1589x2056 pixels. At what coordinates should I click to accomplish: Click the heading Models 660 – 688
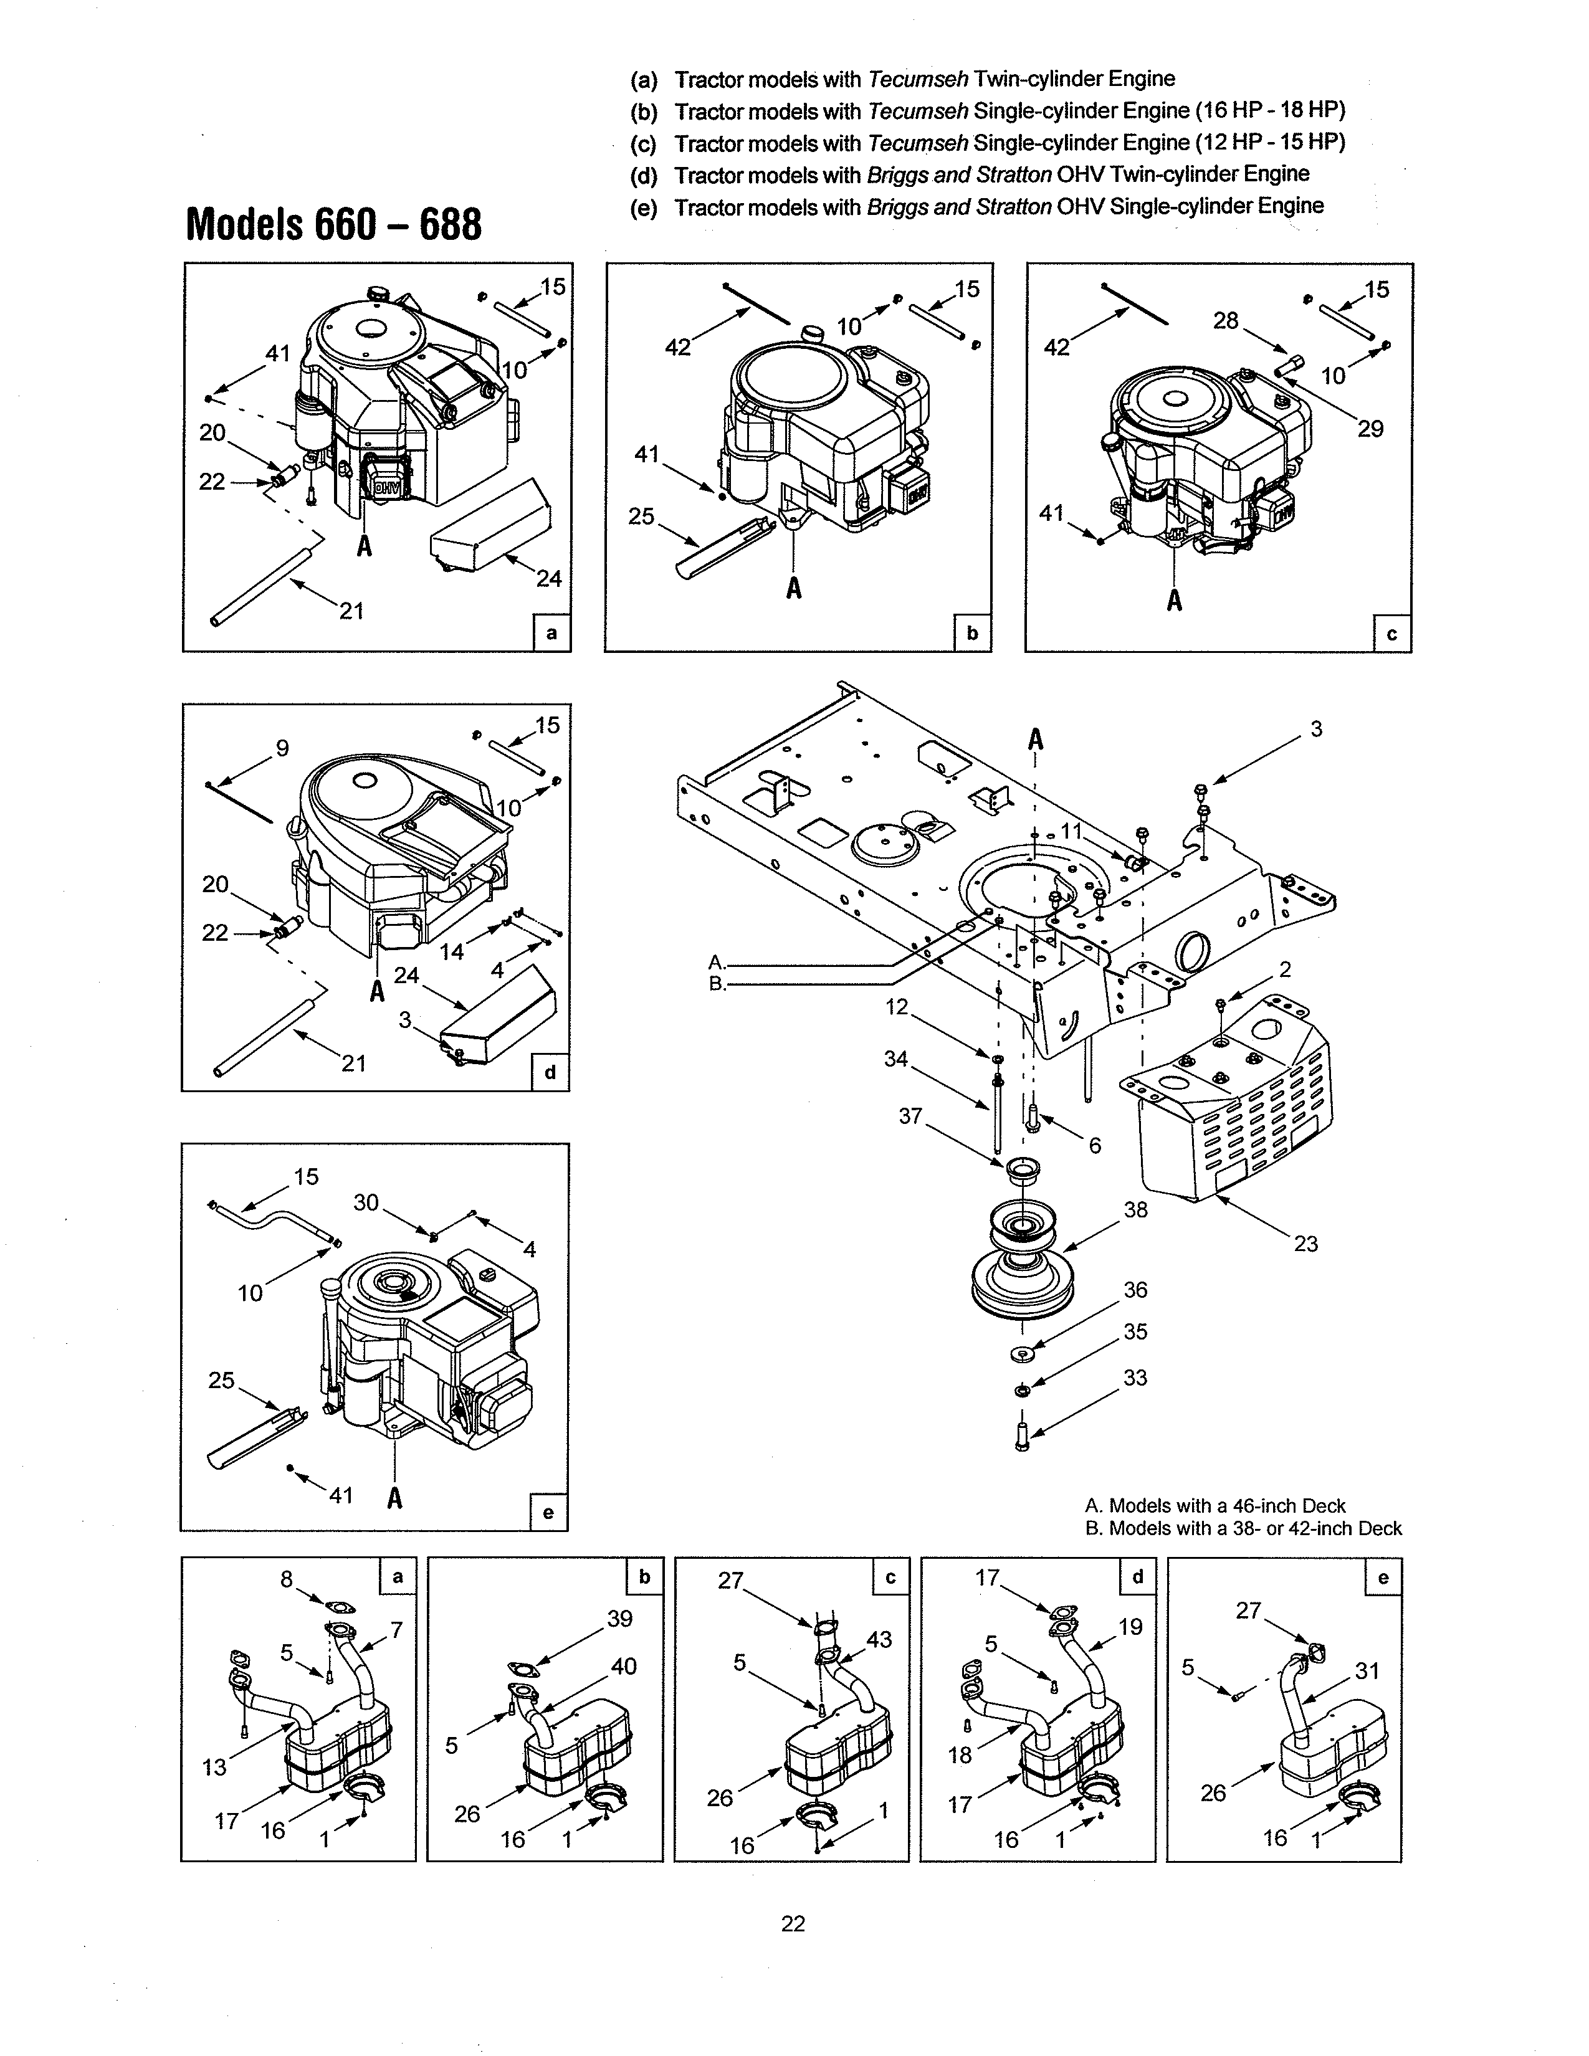[x=333, y=224]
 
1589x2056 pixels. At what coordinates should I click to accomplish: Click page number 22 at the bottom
[x=793, y=1923]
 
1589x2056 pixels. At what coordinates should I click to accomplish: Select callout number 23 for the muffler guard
[x=1305, y=1244]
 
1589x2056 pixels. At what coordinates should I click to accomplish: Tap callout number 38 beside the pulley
[x=1135, y=1210]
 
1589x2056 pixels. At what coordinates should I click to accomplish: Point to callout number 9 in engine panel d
[x=282, y=748]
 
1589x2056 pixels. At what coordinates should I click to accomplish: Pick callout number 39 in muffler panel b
[x=619, y=1619]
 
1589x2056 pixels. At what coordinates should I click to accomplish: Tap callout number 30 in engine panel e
[x=366, y=1202]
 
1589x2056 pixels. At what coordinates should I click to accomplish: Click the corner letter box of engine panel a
[x=551, y=634]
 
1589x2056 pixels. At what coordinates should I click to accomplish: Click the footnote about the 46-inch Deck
[x=1215, y=1506]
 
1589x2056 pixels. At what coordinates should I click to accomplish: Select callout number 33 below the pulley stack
[x=1135, y=1378]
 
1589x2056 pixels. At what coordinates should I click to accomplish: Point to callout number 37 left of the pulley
[x=910, y=1116]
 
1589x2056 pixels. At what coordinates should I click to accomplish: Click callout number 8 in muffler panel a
[x=287, y=1579]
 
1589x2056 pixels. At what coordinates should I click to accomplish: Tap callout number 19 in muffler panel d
[x=1130, y=1627]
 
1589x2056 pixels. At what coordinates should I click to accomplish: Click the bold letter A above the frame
[x=1036, y=737]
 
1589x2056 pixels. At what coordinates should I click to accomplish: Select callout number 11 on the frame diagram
[x=1071, y=830]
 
